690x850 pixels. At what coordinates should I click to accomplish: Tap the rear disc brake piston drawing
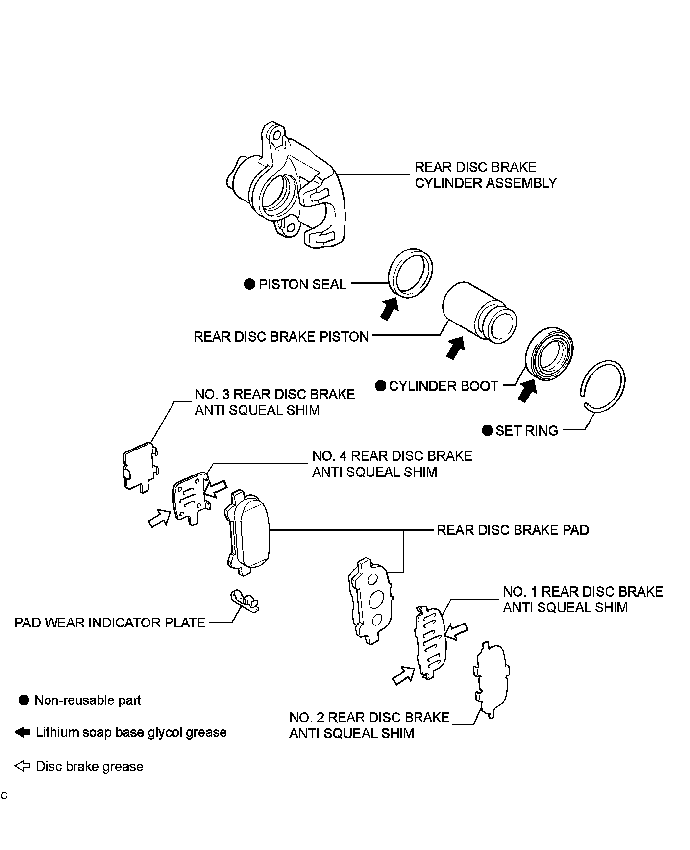[x=478, y=314]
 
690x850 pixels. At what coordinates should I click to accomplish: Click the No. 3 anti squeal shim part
[x=140, y=466]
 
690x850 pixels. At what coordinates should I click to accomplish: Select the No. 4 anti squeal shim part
[x=191, y=498]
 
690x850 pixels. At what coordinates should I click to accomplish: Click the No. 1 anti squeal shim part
[x=430, y=642]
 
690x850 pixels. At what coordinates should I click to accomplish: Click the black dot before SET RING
[x=487, y=431]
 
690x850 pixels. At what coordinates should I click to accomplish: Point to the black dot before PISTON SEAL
[x=250, y=284]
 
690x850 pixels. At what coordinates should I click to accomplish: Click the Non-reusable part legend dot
[x=24, y=700]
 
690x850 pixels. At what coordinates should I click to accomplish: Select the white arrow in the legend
[x=23, y=766]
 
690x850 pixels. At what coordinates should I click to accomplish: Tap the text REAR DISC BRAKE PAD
[x=512, y=530]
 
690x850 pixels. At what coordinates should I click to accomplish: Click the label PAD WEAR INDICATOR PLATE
[x=110, y=623]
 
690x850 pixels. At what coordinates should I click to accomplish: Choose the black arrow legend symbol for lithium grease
[x=23, y=732]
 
